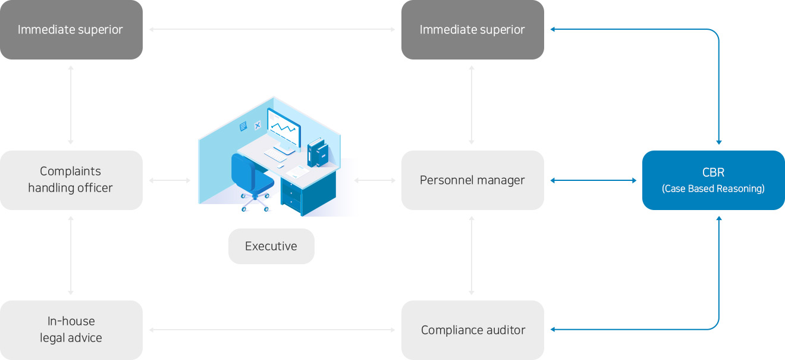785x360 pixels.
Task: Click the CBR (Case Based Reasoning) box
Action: (x=713, y=180)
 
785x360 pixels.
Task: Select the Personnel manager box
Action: (x=472, y=180)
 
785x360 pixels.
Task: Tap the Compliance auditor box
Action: (x=472, y=330)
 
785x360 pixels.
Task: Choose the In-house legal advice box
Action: (x=71, y=330)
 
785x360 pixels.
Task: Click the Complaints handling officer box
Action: (x=71, y=180)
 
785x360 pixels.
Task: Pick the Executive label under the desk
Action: (x=271, y=246)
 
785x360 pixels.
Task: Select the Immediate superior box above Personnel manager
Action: (x=472, y=29)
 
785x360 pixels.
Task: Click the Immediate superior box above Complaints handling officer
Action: (x=71, y=29)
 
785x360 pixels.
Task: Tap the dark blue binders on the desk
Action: (x=318, y=152)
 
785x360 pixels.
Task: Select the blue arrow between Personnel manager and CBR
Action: (x=593, y=180)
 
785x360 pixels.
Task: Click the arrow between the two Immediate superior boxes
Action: (x=272, y=29)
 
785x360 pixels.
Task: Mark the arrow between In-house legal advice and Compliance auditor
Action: (x=272, y=330)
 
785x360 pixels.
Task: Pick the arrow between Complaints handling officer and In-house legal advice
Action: (x=71, y=255)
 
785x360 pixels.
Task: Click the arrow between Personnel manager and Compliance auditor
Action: (x=472, y=255)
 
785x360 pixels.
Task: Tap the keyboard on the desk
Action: (x=279, y=154)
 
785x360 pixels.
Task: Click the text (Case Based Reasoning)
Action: (x=713, y=189)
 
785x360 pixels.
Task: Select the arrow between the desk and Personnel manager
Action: (x=375, y=180)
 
